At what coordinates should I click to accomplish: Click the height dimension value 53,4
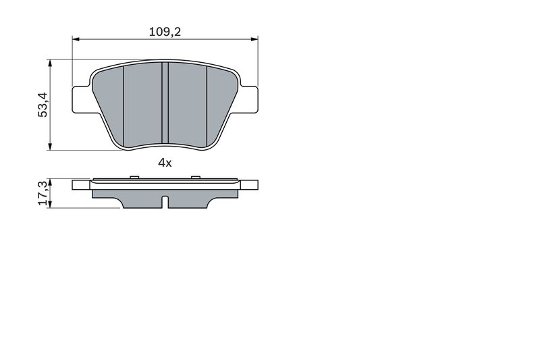(x=42, y=105)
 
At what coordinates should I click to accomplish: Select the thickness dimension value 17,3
(x=42, y=193)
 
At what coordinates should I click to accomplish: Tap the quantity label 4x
(x=165, y=162)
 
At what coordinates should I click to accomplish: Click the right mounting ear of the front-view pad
(x=248, y=97)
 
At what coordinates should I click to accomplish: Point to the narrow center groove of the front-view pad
(x=165, y=104)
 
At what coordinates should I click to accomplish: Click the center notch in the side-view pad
(x=165, y=201)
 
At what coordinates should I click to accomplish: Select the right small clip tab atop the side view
(x=195, y=178)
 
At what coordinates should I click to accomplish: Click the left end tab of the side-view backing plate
(x=81, y=184)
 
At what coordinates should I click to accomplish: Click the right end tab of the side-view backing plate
(x=249, y=184)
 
